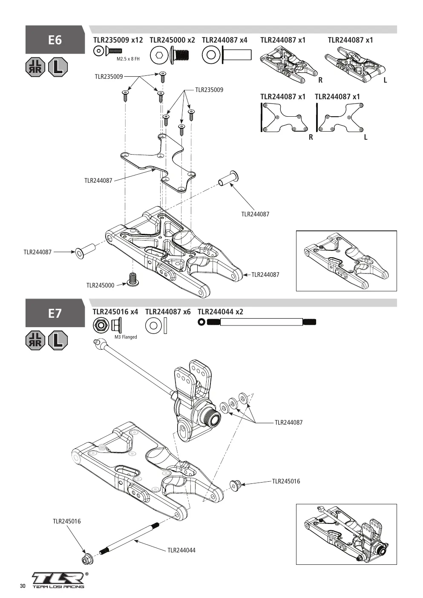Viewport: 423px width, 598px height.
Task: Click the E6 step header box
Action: [55, 40]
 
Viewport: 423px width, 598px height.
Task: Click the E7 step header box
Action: [55, 313]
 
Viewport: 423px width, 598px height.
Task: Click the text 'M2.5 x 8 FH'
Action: [128, 59]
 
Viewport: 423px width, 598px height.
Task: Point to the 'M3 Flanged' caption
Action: [126, 337]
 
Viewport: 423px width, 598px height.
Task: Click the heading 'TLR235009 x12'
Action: [118, 40]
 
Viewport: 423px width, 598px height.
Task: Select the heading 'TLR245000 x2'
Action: [172, 40]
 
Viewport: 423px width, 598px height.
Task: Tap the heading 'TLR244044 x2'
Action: [220, 312]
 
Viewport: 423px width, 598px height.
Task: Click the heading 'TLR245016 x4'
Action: [115, 312]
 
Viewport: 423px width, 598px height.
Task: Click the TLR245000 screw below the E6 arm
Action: [132, 279]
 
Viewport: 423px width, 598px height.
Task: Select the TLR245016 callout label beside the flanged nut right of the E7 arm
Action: [286, 481]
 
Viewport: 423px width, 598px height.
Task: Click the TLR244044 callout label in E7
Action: [181, 550]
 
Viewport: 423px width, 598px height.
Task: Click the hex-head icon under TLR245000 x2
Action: [159, 55]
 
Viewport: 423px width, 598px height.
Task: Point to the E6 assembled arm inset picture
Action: [346, 261]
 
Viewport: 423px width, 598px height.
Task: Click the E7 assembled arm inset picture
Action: [346, 534]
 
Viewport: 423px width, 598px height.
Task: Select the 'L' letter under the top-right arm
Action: [385, 80]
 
